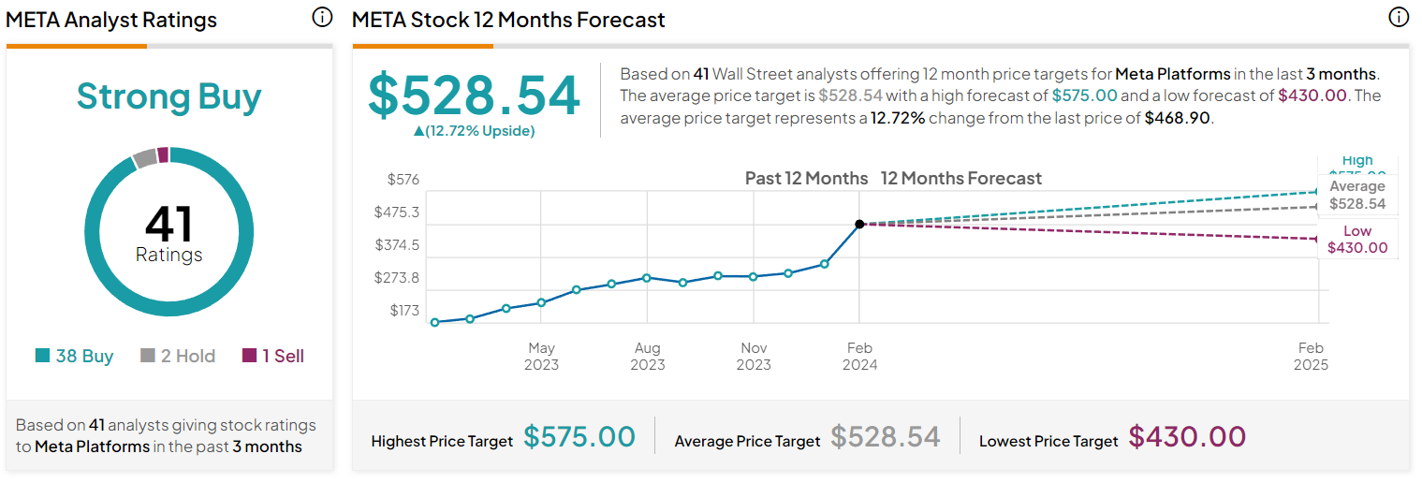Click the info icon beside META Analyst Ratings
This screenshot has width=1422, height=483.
[322, 18]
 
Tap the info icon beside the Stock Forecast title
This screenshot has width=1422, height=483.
[1398, 18]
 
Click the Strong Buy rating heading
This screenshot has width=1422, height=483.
[169, 96]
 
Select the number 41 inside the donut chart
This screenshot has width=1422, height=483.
[169, 225]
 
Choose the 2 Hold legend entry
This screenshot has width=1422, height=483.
[178, 356]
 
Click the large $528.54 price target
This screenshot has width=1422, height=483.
[474, 95]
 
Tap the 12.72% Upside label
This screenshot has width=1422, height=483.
[474, 131]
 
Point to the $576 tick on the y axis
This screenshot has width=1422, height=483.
[403, 179]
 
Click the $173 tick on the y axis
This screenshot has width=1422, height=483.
[404, 310]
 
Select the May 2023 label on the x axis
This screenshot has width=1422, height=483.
[541, 356]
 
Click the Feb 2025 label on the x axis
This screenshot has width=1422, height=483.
[1311, 356]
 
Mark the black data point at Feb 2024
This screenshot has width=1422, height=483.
[859, 224]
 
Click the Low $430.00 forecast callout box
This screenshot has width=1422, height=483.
[1357, 240]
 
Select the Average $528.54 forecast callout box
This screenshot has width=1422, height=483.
[1357, 196]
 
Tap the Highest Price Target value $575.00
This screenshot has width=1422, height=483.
[579, 437]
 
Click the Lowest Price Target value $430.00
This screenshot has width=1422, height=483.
[1187, 437]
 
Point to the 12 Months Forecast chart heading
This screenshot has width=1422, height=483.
[960, 178]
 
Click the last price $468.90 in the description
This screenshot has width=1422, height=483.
[1178, 119]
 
